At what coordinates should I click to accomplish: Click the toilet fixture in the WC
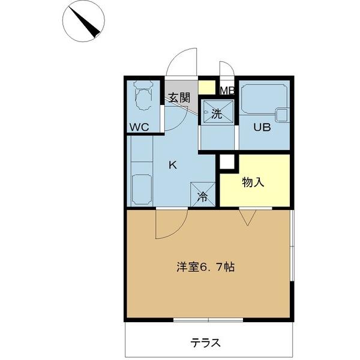tap(143, 96)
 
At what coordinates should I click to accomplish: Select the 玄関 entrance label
tap(178, 98)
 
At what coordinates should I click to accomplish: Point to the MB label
tap(227, 91)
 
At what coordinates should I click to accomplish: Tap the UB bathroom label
tap(262, 127)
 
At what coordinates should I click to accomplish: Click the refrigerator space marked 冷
tap(203, 195)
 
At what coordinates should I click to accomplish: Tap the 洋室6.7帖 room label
tap(205, 268)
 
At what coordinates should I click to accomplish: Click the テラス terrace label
tap(206, 343)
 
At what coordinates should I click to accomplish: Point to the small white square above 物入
tap(226, 161)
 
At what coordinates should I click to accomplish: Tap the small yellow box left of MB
tap(206, 87)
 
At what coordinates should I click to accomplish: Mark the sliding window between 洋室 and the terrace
tap(208, 319)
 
